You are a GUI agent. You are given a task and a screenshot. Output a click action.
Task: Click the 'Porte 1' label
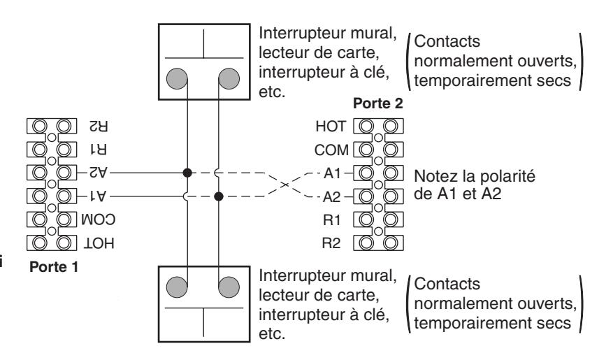[54, 267]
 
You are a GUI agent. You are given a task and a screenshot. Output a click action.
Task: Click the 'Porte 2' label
[377, 103]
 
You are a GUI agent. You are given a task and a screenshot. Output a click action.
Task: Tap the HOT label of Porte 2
[331, 127]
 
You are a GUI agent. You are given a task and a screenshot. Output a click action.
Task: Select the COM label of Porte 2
[331, 150]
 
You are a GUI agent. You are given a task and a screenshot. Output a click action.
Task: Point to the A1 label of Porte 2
[332, 173]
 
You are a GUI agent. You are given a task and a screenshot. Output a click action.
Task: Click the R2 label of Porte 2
[331, 243]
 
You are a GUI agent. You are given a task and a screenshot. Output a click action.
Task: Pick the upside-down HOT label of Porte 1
[99, 243]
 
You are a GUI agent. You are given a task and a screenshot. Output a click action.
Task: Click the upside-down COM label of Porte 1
[98, 219]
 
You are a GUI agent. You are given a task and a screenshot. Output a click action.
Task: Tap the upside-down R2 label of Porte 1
[99, 127]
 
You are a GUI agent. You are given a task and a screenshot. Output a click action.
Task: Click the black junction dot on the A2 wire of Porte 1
[187, 173]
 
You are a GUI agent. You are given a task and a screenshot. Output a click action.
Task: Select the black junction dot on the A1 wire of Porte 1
[219, 196]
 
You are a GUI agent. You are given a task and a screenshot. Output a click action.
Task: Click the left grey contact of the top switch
[177, 78]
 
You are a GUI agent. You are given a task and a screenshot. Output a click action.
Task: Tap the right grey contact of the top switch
[229, 78]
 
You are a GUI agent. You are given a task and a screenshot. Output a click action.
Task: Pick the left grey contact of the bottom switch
[177, 287]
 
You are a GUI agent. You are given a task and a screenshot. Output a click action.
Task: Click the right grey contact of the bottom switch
[229, 287]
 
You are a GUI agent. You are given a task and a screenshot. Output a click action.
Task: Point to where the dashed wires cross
[285, 185]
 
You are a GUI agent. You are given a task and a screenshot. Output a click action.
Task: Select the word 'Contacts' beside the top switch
[447, 41]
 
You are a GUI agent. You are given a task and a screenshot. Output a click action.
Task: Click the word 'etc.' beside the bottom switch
[272, 334]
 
